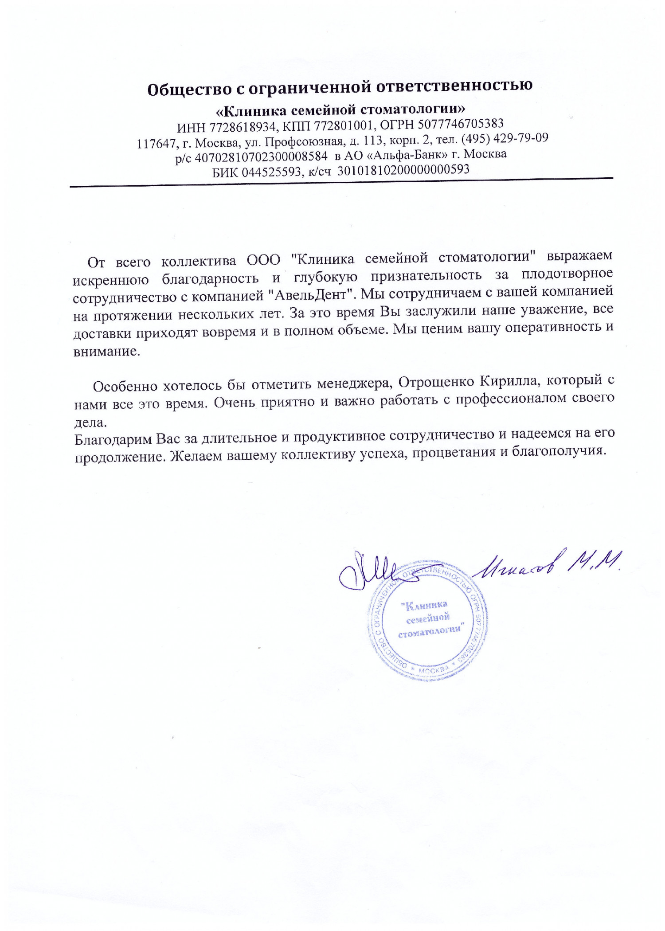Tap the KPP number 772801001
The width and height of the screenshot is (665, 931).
(343, 125)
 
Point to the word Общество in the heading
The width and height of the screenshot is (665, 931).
(189, 89)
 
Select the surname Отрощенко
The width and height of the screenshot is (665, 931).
(437, 382)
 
